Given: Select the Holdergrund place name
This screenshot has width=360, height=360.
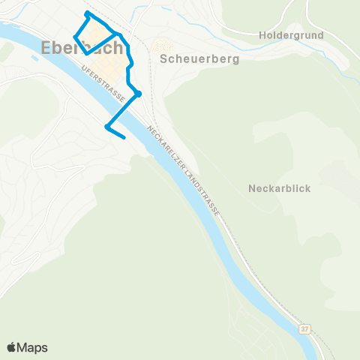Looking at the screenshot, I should pyautogui.click(x=289, y=35).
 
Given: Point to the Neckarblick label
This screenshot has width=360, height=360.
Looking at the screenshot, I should pyautogui.click(x=279, y=188).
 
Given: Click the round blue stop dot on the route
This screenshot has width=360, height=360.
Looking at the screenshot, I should pyautogui.click(x=139, y=94).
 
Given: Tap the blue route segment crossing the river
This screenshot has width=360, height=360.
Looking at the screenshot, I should pyautogui.click(x=123, y=109).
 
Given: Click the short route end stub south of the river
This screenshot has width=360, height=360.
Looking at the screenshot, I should pyautogui.click(x=116, y=133).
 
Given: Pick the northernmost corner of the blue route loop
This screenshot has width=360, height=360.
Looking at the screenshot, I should pyautogui.click(x=88, y=13).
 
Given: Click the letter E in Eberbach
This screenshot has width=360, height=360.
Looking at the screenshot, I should pyautogui.click(x=40, y=48).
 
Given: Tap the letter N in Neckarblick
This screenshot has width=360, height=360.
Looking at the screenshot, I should pyautogui.click(x=251, y=188).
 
